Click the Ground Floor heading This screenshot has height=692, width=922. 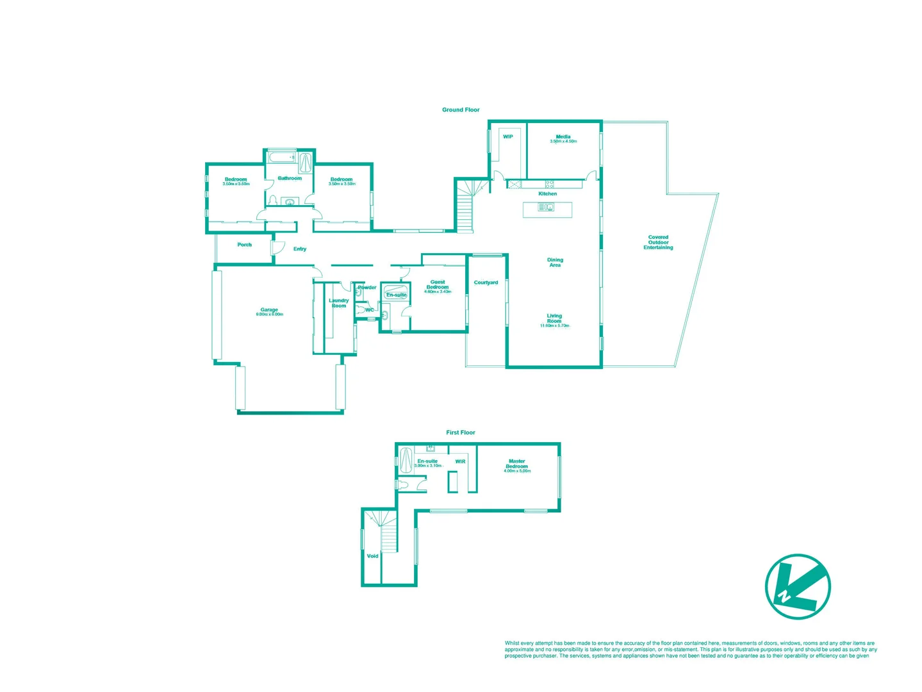coord(461,110)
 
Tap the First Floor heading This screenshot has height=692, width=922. coord(461,432)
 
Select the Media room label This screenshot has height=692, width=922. coord(563,136)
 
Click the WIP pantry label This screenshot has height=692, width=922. coord(507,136)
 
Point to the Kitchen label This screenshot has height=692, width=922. coord(547,194)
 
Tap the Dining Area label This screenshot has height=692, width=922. coord(555,262)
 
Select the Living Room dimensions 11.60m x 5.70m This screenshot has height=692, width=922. coord(554,326)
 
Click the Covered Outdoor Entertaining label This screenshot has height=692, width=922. coord(658,242)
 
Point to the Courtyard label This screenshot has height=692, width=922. coord(486,283)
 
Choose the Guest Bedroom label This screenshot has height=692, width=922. coord(438,284)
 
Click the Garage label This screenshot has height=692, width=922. coord(269,309)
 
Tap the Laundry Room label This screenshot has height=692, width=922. coord(339,303)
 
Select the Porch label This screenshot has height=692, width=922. coord(244,245)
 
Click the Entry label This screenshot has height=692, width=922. coord(300,249)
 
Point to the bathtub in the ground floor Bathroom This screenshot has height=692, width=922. coord(282,157)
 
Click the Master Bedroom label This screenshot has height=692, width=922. coord(517,463)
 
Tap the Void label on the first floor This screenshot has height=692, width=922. coord(372,556)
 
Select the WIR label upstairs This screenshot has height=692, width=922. coord(460,461)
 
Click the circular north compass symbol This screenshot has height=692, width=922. coord(798,586)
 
